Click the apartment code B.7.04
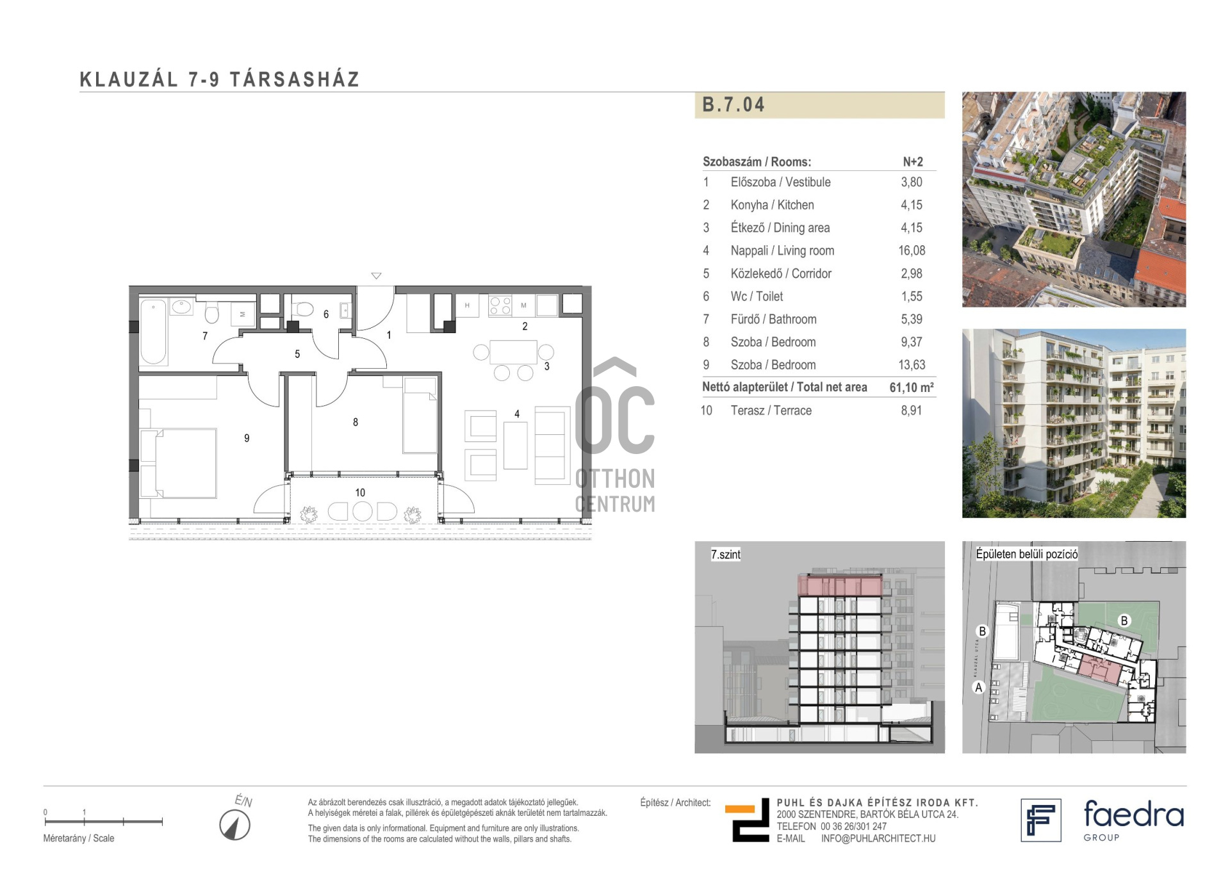(x=733, y=104)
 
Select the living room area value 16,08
(x=912, y=250)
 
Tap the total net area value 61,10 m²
(x=912, y=387)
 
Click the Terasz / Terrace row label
(x=771, y=410)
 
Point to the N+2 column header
(x=913, y=162)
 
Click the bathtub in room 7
(x=154, y=332)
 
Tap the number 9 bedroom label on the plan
(x=247, y=438)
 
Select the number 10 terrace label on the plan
(x=360, y=492)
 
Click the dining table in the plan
(x=513, y=352)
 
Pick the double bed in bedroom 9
(x=178, y=463)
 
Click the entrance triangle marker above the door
(x=376, y=276)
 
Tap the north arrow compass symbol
(x=235, y=825)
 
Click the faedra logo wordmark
(x=1133, y=814)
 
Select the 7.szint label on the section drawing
(x=725, y=555)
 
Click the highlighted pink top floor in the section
(x=840, y=586)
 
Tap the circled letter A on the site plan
(x=978, y=687)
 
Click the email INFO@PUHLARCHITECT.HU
(x=878, y=838)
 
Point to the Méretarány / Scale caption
(x=79, y=838)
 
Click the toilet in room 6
(x=302, y=310)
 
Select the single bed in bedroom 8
(x=420, y=415)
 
